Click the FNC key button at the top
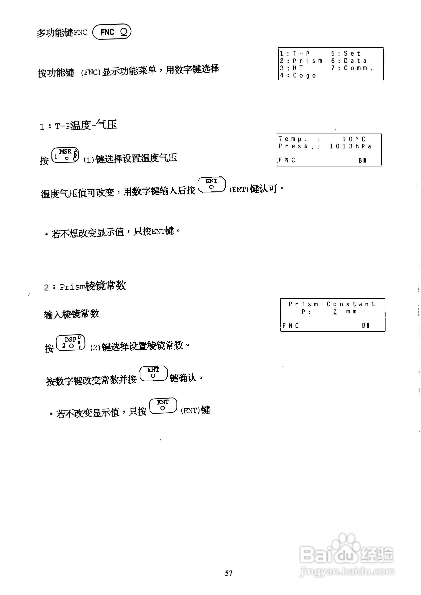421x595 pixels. point(112,32)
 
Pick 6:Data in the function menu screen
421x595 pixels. point(349,61)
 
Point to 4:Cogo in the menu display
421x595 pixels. point(298,75)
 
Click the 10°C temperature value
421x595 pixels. point(354,139)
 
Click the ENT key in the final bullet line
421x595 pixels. point(163,406)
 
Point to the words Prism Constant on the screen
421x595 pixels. point(332,304)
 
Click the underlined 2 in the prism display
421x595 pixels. point(335,311)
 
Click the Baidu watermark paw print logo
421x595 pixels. point(347,543)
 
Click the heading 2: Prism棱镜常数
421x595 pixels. point(85,286)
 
